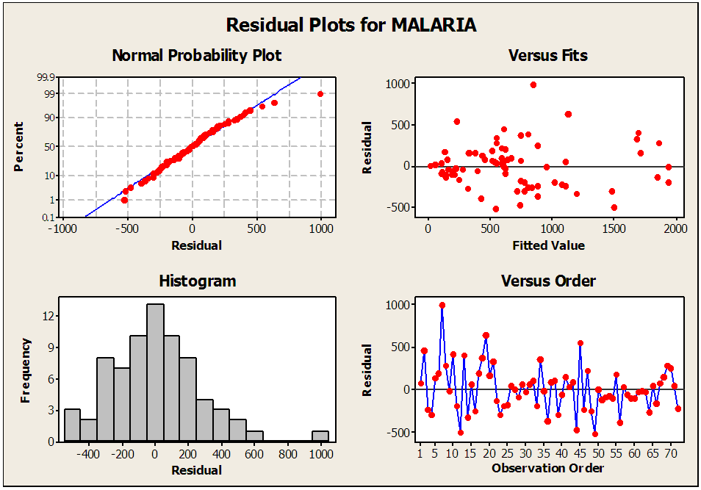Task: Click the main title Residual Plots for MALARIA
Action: [x=350, y=25]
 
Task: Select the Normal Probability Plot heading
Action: [x=196, y=56]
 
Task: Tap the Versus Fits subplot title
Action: [x=548, y=56]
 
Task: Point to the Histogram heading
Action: [x=198, y=281]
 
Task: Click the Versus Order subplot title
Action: [x=548, y=281]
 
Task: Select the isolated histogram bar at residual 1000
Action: [x=320, y=436]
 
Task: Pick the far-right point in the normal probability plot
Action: [x=320, y=94]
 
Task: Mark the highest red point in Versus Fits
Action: [x=533, y=84]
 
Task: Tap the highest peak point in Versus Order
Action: [x=442, y=305]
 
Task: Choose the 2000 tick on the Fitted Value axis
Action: [x=675, y=228]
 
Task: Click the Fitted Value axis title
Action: [x=548, y=245]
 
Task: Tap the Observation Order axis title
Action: [x=548, y=468]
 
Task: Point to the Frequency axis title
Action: [x=26, y=370]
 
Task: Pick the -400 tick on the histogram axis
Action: [x=88, y=454]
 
